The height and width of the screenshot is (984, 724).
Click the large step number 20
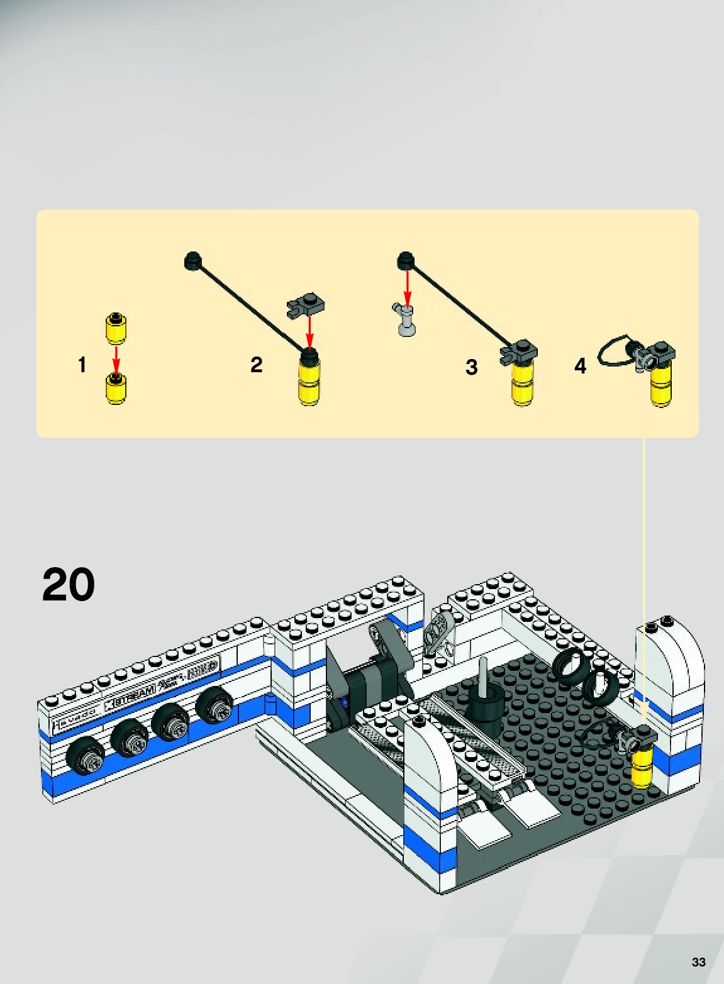(68, 585)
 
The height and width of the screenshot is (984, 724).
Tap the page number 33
(698, 962)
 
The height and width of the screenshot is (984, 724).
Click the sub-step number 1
(82, 365)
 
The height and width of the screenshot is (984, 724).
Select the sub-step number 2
(256, 365)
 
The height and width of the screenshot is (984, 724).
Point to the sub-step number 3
(471, 367)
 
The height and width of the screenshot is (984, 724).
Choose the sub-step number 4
(580, 365)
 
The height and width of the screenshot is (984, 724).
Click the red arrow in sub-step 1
(116, 360)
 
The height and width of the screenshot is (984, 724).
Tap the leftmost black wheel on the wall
(86, 758)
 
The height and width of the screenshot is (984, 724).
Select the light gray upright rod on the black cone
(483, 676)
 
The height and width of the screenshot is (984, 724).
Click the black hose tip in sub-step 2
(192, 260)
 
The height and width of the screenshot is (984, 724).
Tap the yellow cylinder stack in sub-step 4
(661, 384)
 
